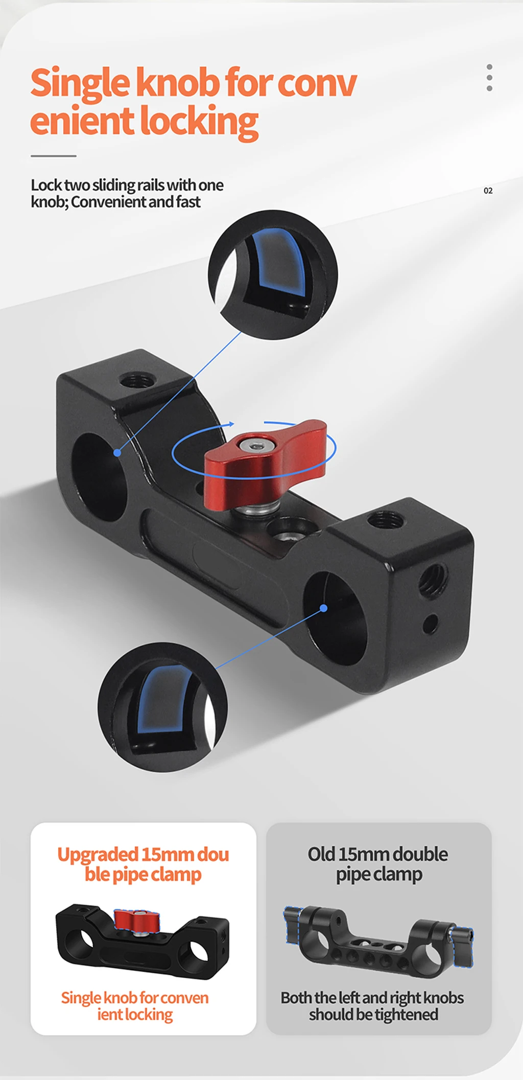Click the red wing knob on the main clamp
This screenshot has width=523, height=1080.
click(x=266, y=463)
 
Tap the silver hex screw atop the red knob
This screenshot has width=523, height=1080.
click(x=254, y=446)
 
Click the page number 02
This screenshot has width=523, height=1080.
click(x=488, y=191)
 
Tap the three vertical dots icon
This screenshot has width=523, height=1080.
click(x=489, y=78)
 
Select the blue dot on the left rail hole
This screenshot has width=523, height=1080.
click(x=117, y=452)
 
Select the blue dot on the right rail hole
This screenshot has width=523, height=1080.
click(x=323, y=608)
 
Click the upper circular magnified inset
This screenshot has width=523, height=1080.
click(x=273, y=275)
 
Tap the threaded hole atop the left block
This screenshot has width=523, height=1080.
click(x=137, y=381)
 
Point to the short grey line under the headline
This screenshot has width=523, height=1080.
click(x=53, y=156)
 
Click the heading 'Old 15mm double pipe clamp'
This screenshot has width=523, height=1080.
click(x=378, y=864)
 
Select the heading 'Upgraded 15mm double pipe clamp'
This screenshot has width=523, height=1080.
click(x=143, y=864)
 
